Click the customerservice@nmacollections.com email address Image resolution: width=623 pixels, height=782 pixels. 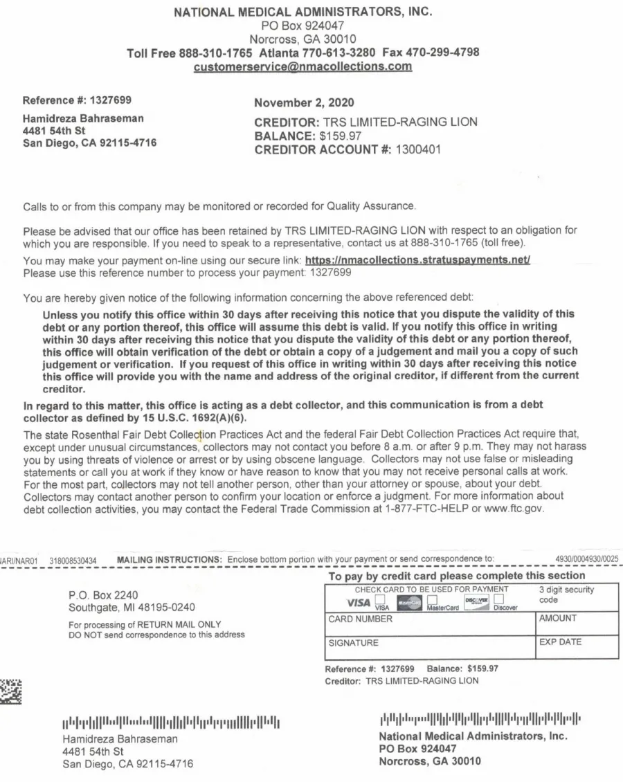[x=303, y=67]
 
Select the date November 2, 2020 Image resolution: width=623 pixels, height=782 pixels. [x=305, y=103]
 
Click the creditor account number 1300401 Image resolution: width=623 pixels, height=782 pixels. [x=417, y=149]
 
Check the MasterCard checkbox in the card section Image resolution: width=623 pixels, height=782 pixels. [x=432, y=599]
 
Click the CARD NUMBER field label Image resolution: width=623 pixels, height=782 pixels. [x=360, y=619]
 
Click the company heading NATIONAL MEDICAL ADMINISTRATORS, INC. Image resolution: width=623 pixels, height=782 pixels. [x=303, y=12]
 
